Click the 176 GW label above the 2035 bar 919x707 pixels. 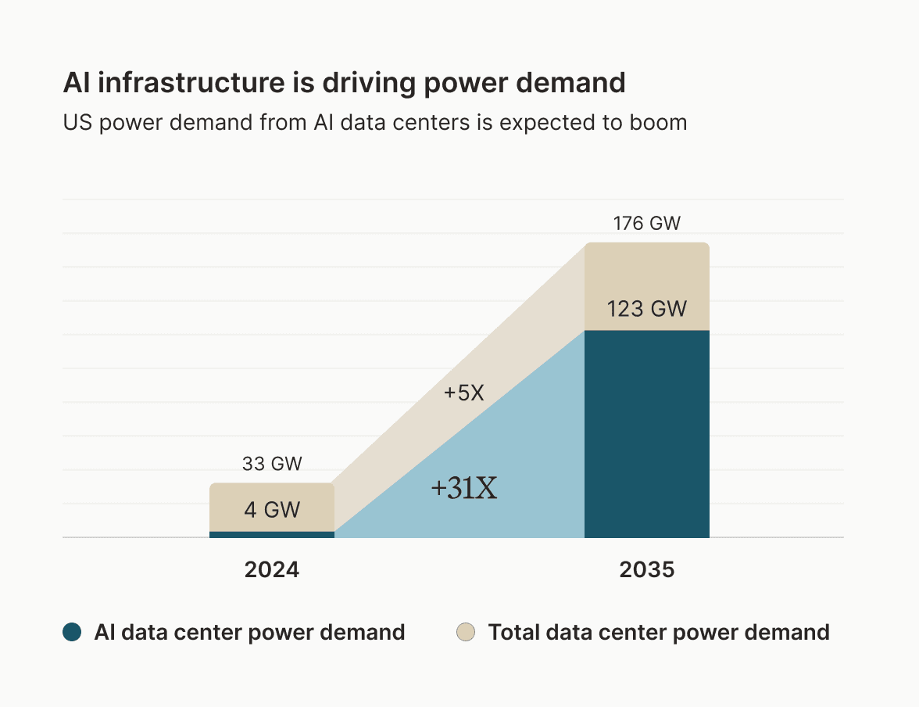tap(646, 224)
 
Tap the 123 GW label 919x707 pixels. tap(646, 309)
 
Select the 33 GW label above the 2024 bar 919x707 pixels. tap(271, 465)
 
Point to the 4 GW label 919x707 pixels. tap(271, 510)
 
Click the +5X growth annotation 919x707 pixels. tap(464, 393)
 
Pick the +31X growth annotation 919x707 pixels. tap(464, 489)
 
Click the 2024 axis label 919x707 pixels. tap(271, 570)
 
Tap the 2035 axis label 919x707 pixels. tap(646, 570)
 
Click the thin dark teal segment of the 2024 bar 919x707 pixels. tap(271, 534)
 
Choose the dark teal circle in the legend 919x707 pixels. tap(72, 632)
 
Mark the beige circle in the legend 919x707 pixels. tap(466, 632)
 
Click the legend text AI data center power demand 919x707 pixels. tap(249, 632)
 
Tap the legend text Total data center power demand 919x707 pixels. tap(658, 632)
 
